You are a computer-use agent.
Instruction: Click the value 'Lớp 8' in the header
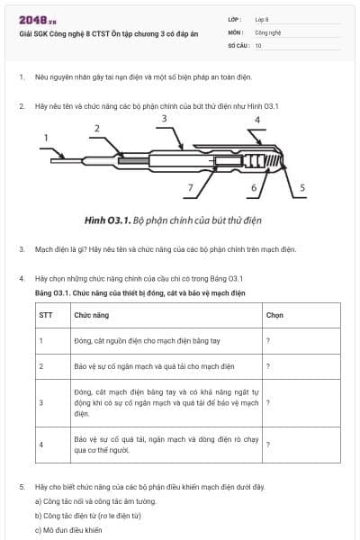[262, 19]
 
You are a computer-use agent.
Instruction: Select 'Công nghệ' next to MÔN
[268, 31]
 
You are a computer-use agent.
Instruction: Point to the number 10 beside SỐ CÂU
[258, 44]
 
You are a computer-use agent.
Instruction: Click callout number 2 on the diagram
[96, 129]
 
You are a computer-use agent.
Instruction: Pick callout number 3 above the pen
[164, 118]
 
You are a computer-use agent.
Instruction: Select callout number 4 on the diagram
[257, 120]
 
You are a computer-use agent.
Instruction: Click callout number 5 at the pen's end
[302, 188]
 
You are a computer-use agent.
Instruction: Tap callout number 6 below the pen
[253, 188]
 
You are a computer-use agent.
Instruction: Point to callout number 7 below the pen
[190, 188]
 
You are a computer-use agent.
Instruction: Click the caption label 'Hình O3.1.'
[107, 220]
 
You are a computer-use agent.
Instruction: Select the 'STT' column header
[45, 316]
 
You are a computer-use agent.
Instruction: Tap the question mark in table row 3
[268, 402]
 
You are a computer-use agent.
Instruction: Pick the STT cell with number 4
[40, 445]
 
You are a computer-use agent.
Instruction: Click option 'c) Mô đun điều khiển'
[68, 529]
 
